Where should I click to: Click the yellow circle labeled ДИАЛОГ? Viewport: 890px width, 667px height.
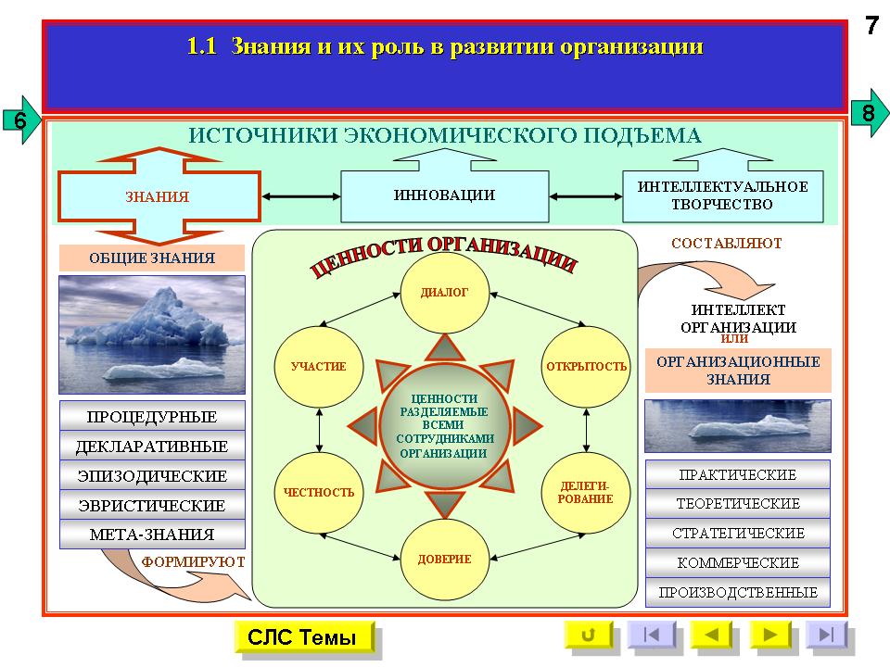444,293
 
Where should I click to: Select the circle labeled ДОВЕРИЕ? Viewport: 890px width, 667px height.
444,559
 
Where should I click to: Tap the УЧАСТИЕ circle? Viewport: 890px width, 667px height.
318,367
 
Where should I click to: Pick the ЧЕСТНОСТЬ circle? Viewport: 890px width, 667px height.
318,492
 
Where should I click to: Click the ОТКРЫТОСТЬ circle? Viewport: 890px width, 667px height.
586,367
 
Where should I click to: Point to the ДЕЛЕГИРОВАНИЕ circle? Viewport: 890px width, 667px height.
586,492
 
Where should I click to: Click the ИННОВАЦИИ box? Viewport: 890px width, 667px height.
444,195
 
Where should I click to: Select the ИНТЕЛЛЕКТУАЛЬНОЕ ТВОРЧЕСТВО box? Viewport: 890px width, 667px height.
722,195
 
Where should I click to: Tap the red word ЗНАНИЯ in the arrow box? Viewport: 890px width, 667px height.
158,196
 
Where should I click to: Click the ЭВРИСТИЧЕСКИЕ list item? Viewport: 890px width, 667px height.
152,505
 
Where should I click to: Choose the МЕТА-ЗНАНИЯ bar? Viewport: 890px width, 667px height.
152,535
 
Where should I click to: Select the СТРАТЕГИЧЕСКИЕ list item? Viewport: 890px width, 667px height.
738,534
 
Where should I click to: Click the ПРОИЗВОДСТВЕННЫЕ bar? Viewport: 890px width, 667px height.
738,593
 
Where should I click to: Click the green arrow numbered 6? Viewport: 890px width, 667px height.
21,120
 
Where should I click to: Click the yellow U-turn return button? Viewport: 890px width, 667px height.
589,634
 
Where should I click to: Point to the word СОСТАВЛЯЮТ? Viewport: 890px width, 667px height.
727,244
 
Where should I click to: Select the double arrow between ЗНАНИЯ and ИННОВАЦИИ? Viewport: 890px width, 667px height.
300,196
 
